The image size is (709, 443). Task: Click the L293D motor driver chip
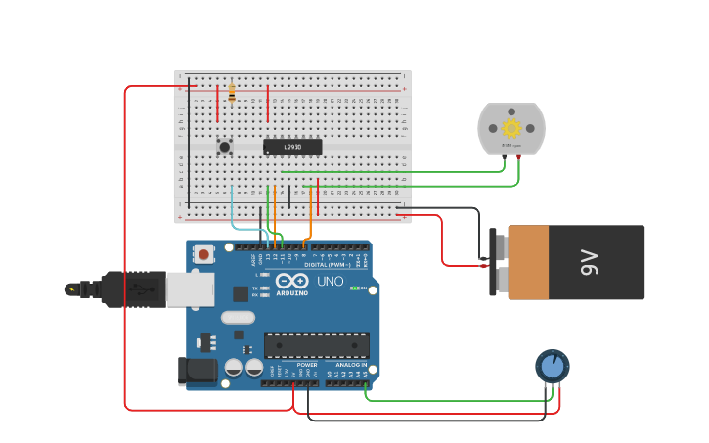[291, 147]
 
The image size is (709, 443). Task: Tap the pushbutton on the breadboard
[225, 147]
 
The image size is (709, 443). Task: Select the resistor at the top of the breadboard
[232, 92]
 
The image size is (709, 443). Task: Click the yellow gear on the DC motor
[510, 128]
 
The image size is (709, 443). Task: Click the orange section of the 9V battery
[528, 262]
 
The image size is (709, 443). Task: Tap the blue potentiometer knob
[553, 366]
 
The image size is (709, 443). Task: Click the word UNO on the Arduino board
[331, 282]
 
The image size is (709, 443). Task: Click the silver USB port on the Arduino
[190, 288]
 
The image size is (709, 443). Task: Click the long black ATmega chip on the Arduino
[316, 345]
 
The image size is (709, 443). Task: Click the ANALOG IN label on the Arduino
[352, 365]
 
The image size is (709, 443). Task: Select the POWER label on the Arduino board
[306, 365]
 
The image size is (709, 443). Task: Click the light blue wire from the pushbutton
[232, 210]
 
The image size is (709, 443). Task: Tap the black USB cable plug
[132, 288]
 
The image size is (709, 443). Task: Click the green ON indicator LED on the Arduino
[355, 288]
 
